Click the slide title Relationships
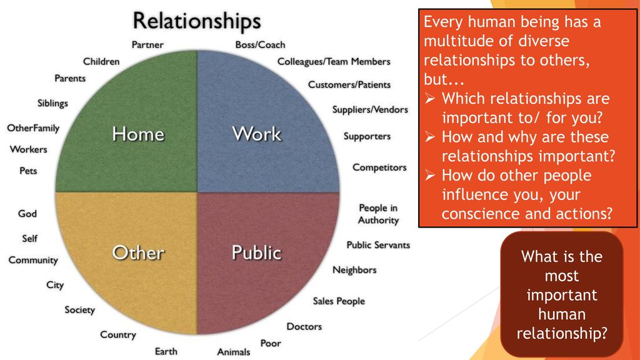(197, 21)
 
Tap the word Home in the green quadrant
(138, 134)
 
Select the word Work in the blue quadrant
(257, 134)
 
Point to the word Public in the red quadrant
(257, 252)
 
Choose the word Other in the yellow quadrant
(138, 252)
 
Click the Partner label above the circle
(147, 45)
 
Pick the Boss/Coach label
(261, 45)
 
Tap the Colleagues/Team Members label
(334, 62)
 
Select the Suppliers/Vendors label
(370, 110)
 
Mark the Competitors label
(379, 167)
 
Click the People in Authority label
(378, 214)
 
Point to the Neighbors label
(355, 270)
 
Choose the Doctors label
(304, 326)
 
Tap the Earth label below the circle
(166, 351)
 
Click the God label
(27, 214)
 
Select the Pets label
(28, 171)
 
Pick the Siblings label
(52, 103)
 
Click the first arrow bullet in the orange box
(430, 99)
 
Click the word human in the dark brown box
(562, 314)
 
